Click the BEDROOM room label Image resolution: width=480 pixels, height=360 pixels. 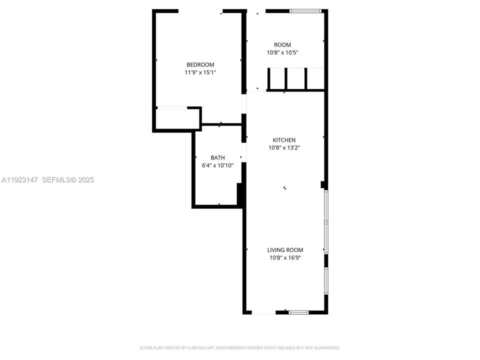coord(200,64)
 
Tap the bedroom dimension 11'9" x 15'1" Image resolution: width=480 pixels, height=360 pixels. coord(200,72)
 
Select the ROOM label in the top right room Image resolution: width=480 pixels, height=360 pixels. coord(282,44)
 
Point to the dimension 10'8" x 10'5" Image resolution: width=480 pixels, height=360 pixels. coord(282,52)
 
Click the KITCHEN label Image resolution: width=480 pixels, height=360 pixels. coord(283,140)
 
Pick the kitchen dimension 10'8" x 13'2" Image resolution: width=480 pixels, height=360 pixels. coord(283,148)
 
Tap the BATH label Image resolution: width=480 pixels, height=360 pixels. coord(217,157)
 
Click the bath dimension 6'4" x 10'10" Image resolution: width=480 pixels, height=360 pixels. coord(217,165)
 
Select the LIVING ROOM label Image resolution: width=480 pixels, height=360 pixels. coord(285,250)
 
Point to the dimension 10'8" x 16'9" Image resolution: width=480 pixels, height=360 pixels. coord(285,258)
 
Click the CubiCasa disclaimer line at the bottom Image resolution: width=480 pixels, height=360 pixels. coord(240,347)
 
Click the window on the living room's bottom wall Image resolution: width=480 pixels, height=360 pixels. coord(298,312)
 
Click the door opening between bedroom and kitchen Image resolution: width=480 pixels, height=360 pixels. coord(244,103)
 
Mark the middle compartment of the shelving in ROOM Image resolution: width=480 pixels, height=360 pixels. coord(295,78)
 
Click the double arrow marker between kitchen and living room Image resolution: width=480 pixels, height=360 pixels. coord(284,188)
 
